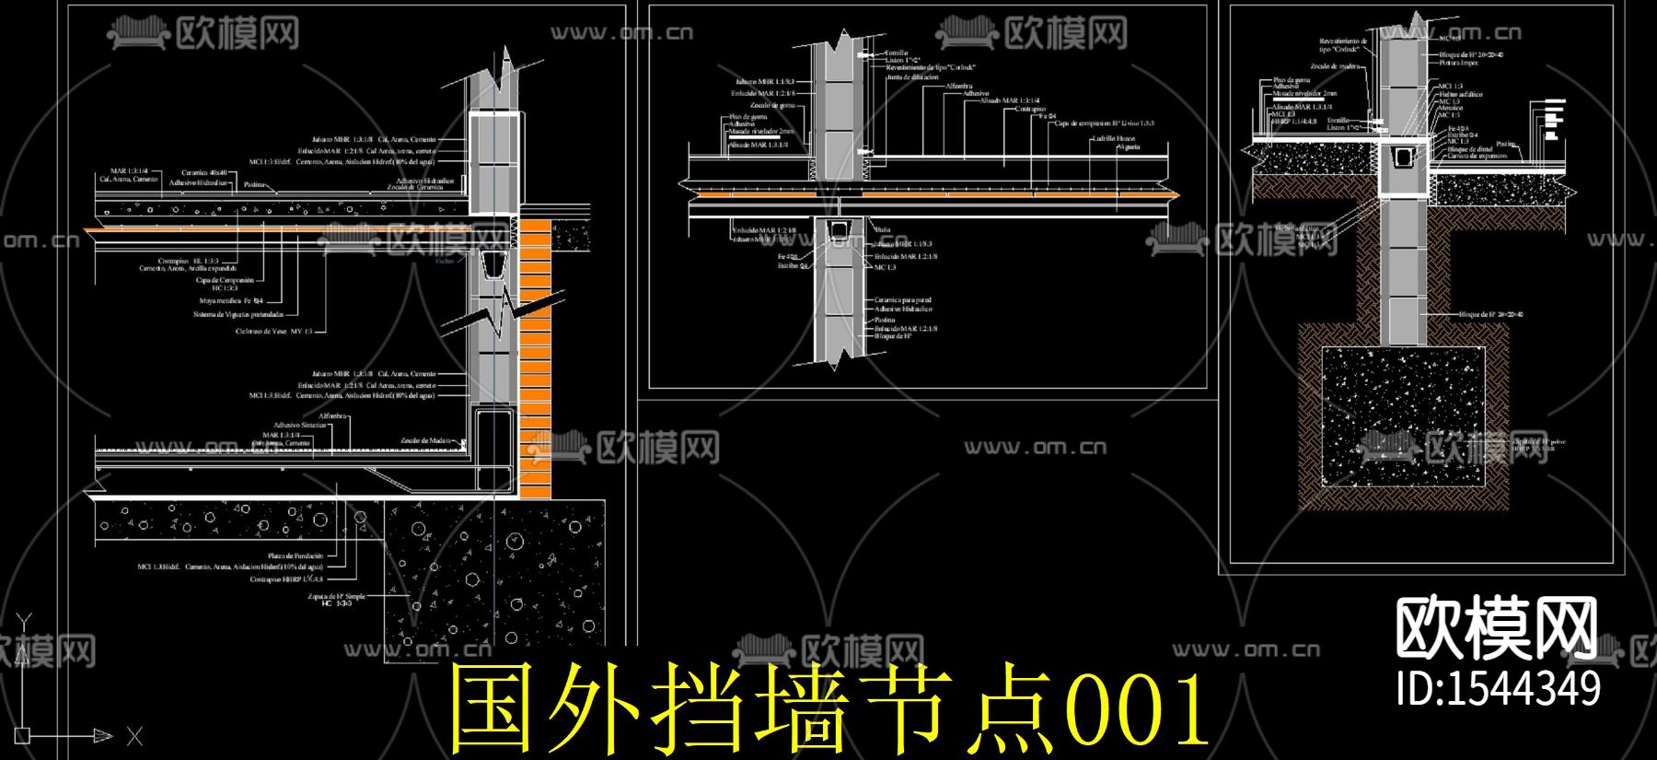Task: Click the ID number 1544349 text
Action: (x=1498, y=689)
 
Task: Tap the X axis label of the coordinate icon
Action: (x=134, y=736)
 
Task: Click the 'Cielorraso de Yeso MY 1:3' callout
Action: (x=273, y=331)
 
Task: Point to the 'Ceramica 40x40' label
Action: (x=203, y=172)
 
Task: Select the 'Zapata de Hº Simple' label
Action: (x=336, y=596)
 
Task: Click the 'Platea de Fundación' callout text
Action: (x=295, y=555)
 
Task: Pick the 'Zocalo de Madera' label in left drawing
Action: (x=426, y=440)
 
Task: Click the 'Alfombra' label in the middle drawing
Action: (x=958, y=86)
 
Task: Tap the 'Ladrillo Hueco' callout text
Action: (x=1113, y=138)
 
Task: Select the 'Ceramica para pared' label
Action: (x=902, y=300)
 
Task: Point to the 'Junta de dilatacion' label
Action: (x=911, y=77)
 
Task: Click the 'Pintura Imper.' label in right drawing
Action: (x=1458, y=63)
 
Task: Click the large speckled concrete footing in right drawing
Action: (x=1403, y=415)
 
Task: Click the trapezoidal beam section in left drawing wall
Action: (x=494, y=265)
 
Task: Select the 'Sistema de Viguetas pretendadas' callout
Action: (x=238, y=314)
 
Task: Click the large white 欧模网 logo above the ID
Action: (x=1496, y=628)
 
